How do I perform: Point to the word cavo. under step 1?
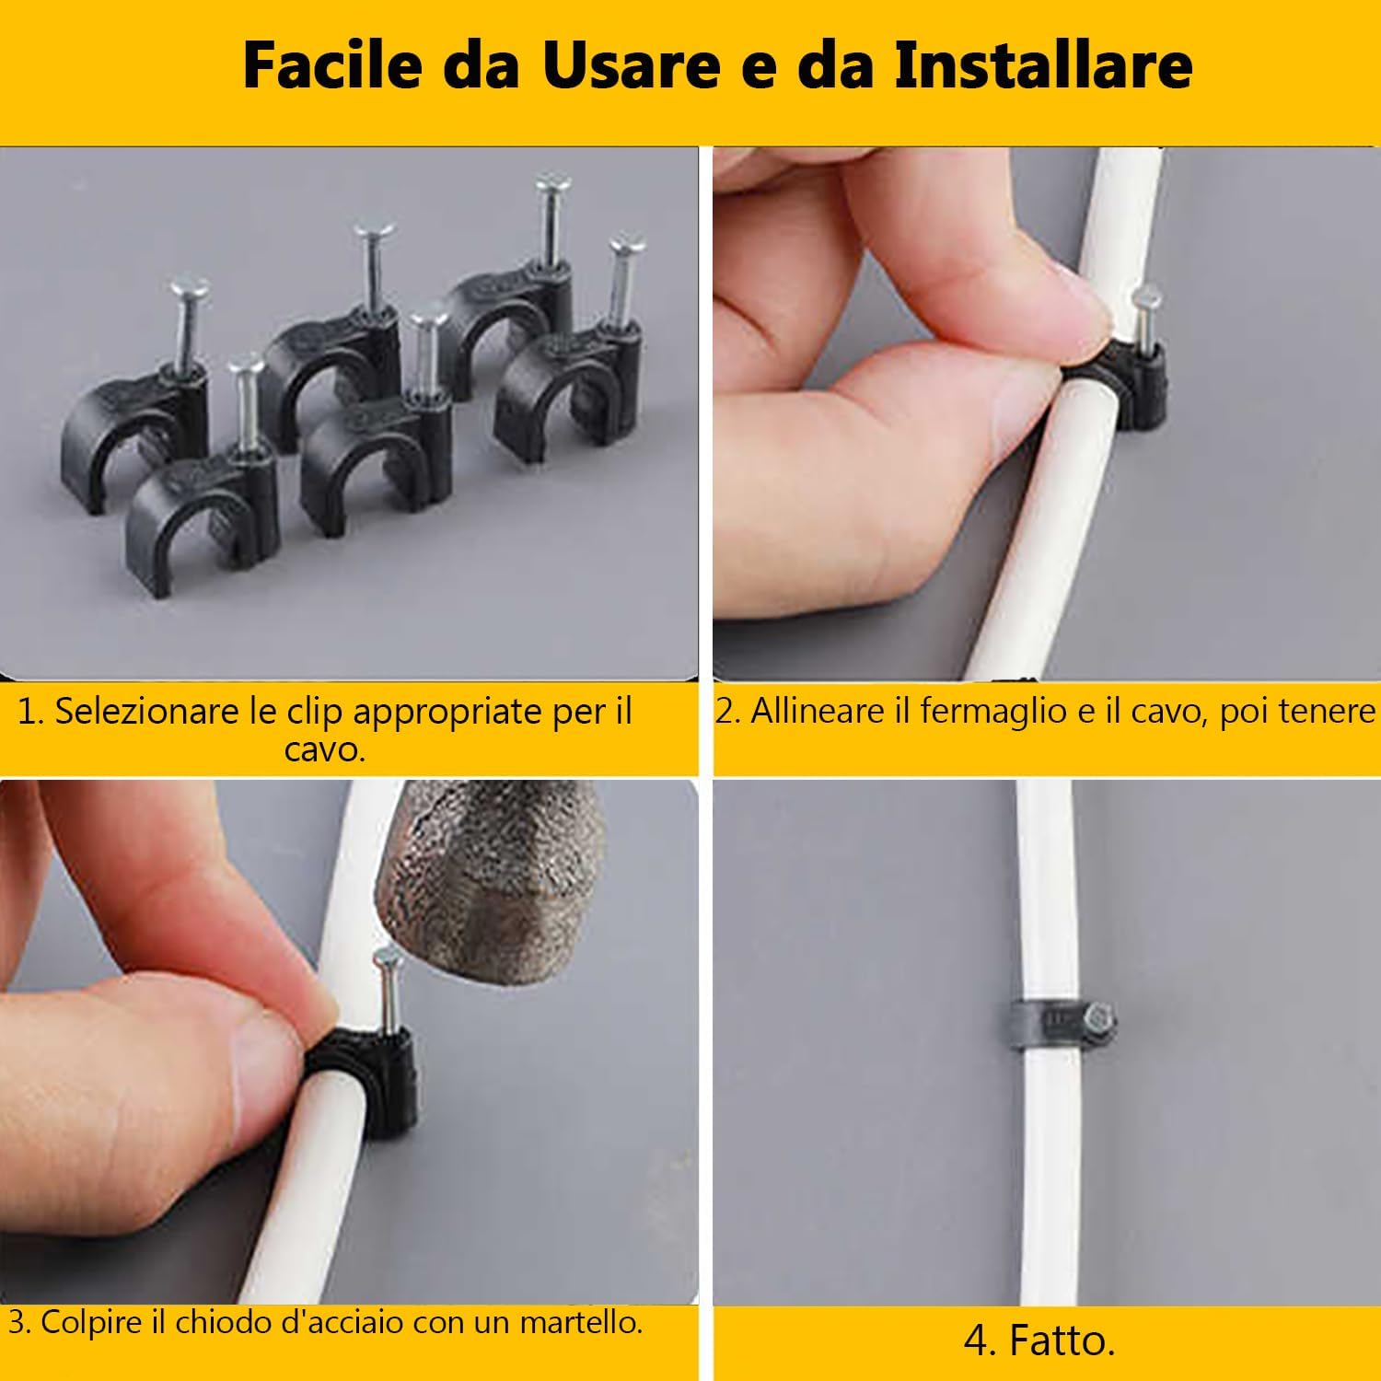click(325, 750)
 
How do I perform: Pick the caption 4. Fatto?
click(1039, 1340)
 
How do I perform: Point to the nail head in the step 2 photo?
click(1147, 296)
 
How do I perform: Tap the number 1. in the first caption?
click(30, 712)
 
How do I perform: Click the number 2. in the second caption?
click(728, 712)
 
